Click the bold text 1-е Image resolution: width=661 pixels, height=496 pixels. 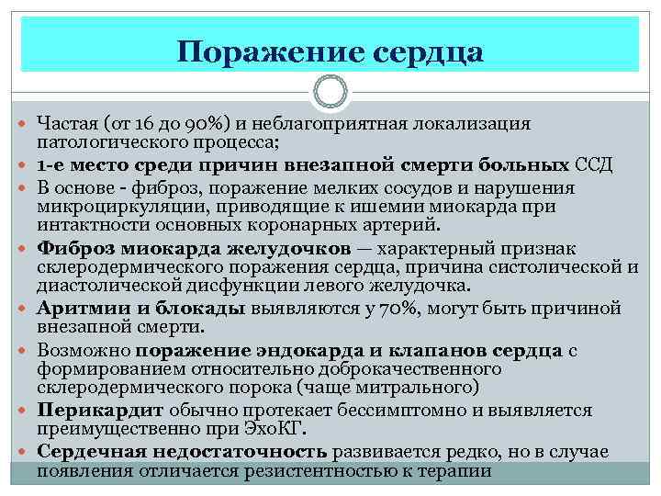52,165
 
